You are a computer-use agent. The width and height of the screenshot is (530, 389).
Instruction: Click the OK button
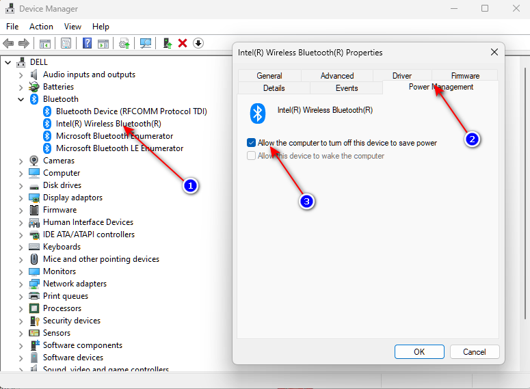point(419,351)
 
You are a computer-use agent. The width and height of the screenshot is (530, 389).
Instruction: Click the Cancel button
point(474,351)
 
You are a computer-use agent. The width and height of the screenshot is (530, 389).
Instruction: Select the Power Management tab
point(440,87)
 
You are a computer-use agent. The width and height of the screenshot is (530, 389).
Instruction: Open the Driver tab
point(402,75)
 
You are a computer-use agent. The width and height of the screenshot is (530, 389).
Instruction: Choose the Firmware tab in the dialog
point(465,75)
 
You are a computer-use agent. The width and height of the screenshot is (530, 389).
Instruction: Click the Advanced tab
point(337,75)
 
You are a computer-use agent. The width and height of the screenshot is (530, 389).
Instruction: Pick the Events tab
point(347,88)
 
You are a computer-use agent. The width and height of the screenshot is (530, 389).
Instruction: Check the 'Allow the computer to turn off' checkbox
point(252,143)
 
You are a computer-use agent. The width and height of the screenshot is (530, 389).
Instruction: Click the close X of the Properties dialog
point(494,52)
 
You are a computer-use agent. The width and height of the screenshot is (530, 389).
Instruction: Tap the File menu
point(12,26)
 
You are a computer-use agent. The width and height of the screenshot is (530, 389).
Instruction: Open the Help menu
point(101,26)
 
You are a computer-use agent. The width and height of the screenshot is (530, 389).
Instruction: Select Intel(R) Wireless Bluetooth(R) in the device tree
point(108,124)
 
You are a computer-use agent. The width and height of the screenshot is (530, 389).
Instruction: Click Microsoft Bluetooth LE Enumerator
point(119,148)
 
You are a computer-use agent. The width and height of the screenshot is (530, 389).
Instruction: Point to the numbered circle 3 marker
point(308,202)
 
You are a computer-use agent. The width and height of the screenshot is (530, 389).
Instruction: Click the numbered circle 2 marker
point(471,139)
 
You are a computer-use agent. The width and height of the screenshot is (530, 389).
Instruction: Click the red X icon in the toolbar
point(183,43)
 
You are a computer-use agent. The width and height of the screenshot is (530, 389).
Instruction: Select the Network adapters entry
point(75,284)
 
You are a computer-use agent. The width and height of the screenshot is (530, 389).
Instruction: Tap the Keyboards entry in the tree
point(62,247)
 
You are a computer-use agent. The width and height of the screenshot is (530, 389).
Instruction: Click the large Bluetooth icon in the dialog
point(258,113)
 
